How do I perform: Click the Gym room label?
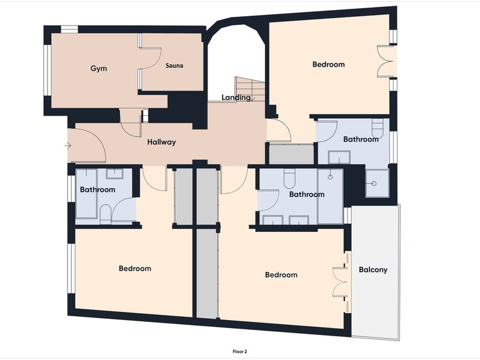(99, 68)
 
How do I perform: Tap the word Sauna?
(174, 66)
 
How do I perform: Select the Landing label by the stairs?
(236, 97)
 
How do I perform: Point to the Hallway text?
(161, 142)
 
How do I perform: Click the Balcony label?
(373, 270)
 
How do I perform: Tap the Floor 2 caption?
(241, 352)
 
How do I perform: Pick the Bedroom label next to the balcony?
(281, 275)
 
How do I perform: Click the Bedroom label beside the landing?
(328, 64)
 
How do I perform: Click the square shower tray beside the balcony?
(376, 183)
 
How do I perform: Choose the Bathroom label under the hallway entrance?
(97, 190)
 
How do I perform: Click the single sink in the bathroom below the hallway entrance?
(114, 174)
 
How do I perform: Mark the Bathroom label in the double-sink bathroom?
(306, 194)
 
